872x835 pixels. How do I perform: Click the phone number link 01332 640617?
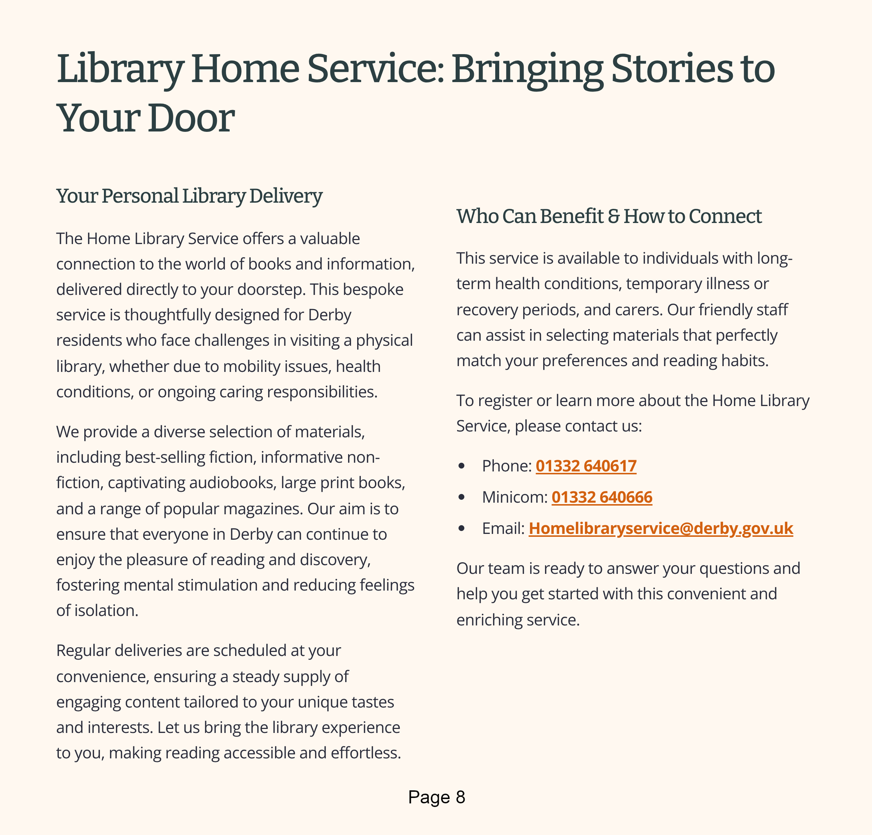(586, 466)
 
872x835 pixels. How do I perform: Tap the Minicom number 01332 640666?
(602, 497)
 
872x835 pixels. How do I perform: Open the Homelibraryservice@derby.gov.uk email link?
(661, 528)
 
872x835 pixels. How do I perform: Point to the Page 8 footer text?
(436, 797)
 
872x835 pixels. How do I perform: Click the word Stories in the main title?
(672, 69)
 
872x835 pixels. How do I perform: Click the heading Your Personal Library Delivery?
(189, 196)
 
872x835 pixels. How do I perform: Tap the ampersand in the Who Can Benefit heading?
(614, 216)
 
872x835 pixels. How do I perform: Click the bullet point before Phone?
(462, 466)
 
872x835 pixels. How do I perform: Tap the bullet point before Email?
(462, 528)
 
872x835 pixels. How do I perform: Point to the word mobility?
(252, 366)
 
